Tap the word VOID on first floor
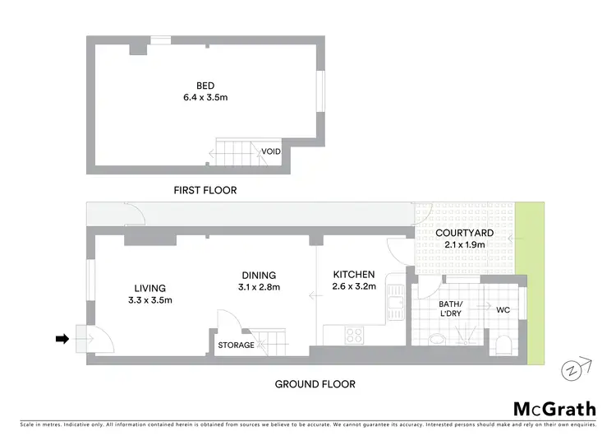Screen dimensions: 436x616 271,152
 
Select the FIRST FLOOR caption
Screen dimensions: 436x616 205,190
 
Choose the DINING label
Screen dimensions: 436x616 258,275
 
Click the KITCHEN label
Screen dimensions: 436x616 354,275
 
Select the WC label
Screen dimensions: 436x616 503,310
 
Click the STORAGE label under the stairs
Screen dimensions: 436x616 235,345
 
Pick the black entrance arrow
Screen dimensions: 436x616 62,338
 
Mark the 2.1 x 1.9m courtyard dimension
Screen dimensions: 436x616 464,244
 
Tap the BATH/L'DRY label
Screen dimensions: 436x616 450,309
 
